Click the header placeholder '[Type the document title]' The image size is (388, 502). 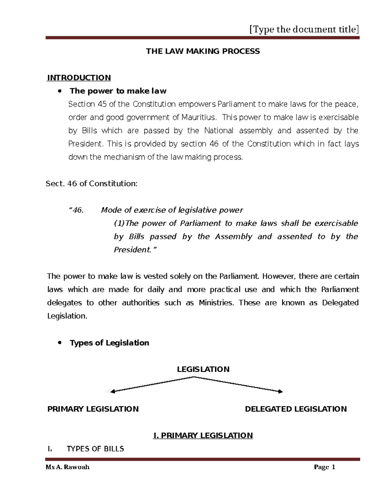click(x=304, y=29)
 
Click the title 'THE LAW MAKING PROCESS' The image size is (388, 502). click(x=203, y=51)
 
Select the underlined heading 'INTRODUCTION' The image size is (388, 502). click(x=79, y=78)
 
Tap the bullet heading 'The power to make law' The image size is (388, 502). click(x=118, y=91)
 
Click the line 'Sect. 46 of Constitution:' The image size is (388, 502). click(x=92, y=184)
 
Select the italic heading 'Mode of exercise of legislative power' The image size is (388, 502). click(x=172, y=210)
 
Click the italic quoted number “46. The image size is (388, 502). click(x=76, y=210)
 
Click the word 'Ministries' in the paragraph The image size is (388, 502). click(x=215, y=303)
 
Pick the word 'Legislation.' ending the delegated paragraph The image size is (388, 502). click(x=67, y=316)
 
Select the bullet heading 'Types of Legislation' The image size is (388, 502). click(x=109, y=343)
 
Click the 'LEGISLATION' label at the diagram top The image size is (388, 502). click(x=203, y=369)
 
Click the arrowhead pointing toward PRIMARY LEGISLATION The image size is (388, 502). click(x=112, y=392)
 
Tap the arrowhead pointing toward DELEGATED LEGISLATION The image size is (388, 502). click(x=280, y=392)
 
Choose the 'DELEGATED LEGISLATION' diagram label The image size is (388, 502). click(x=296, y=409)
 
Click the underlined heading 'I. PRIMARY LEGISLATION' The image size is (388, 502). click(x=203, y=435)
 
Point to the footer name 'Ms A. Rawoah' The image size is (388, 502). click(x=68, y=467)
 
